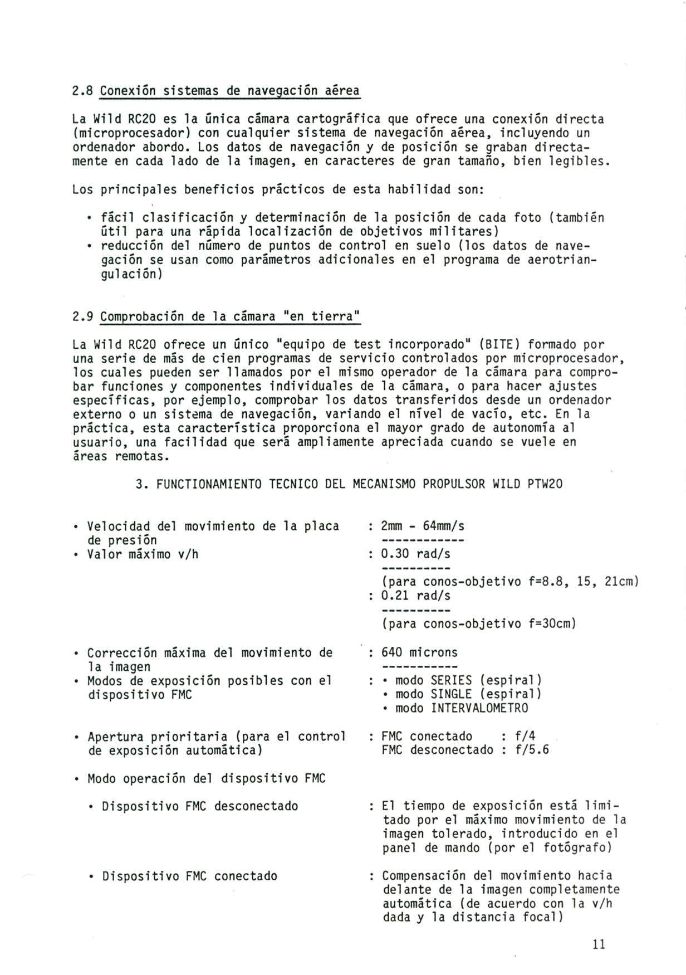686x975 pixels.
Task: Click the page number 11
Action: (599, 944)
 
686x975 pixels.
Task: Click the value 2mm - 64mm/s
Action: (423, 526)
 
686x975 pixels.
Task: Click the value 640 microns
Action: (419, 652)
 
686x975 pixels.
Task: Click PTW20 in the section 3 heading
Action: (545, 484)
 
